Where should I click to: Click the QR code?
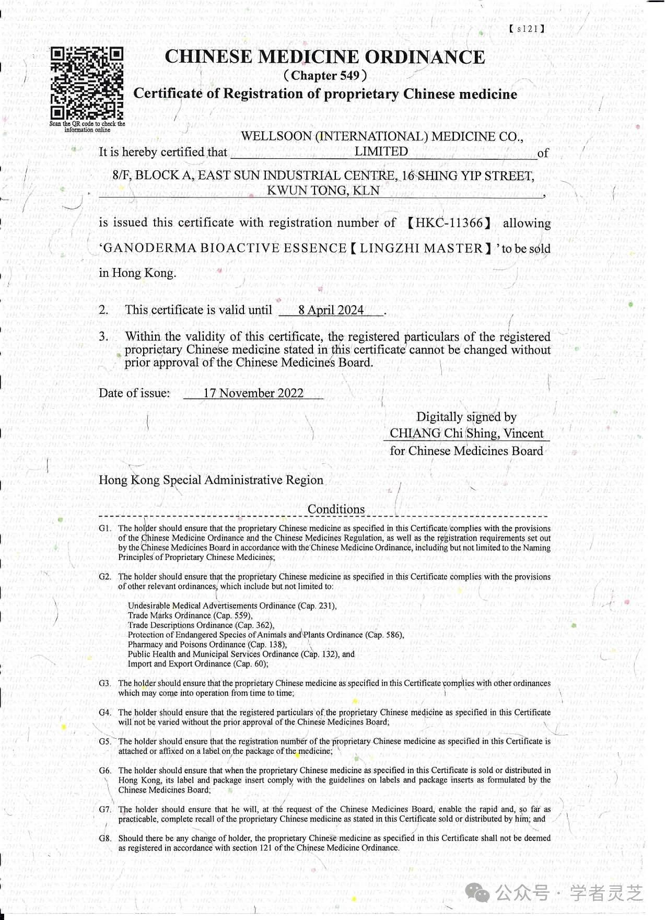coord(87,84)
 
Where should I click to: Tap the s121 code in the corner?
coord(527,29)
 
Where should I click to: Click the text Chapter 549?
coord(325,76)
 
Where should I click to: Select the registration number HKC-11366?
coord(449,223)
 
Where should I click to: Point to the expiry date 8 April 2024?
coord(331,310)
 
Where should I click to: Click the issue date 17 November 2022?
coord(253,393)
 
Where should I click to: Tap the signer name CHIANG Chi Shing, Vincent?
coord(466,434)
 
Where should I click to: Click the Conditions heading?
coord(336,509)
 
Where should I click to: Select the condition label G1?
coord(105,529)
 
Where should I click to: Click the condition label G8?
coord(105,839)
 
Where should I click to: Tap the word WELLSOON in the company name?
coord(276,137)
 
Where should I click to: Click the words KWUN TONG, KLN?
coord(323,191)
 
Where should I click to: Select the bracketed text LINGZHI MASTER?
coord(421,248)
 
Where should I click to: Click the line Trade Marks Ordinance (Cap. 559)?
coord(190,616)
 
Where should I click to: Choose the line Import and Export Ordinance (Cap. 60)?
coord(198,664)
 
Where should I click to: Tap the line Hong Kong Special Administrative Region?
coord(211,480)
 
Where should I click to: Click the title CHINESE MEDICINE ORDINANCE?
coord(325,57)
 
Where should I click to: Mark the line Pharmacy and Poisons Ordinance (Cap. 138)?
coord(207,645)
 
